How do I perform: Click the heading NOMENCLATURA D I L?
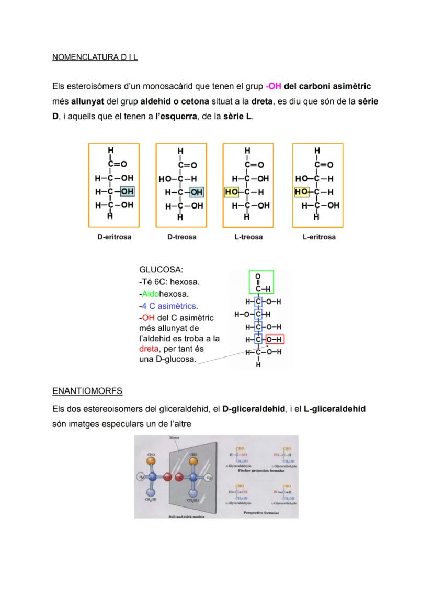pyautogui.click(x=95, y=57)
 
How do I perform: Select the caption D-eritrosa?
pyautogui.click(x=114, y=237)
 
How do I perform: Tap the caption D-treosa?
pyautogui.click(x=181, y=237)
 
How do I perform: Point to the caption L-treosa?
pyautogui.click(x=248, y=237)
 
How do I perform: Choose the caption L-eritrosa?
pyautogui.click(x=318, y=237)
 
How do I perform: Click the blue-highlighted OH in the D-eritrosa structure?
pyautogui.click(x=128, y=192)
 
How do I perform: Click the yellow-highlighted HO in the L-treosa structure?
pyautogui.click(x=231, y=192)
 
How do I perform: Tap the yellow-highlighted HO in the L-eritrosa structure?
pyautogui.click(x=301, y=192)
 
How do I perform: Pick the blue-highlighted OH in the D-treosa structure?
pyautogui.click(x=197, y=192)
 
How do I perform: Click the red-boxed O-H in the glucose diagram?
pyautogui.click(x=275, y=340)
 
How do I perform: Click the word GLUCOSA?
pyautogui.click(x=161, y=270)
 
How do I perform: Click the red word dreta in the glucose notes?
pyautogui.click(x=149, y=349)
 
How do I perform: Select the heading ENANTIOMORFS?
pyautogui.click(x=87, y=391)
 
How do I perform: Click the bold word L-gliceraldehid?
pyautogui.click(x=334, y=409)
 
